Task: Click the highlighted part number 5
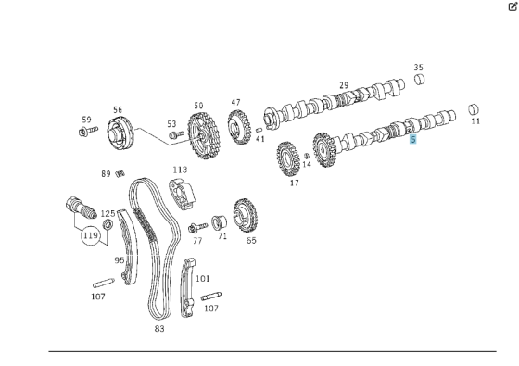point(413,139)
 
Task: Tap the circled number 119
point(91,235)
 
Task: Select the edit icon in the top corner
point(513,6)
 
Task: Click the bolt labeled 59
point(88,131)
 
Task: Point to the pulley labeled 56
point(120,133)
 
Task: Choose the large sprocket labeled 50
point(203,135)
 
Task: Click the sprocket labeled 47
point(239,127)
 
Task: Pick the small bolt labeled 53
point(176,134)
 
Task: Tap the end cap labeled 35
point(420,80)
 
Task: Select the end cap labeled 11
point(474,109)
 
